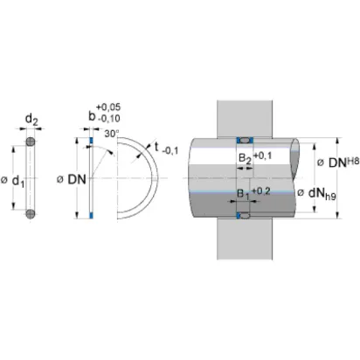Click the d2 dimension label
pyautogui.click(x=31, y=120)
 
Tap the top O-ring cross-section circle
pyautogui.click(x=31, y=142)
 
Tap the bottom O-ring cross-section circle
pyautogui.click(x=31, y=214)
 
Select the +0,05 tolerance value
pyautogui.click(x=108, y=107)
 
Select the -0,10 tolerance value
pyautogui.click(x=109, y=118)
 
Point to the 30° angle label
pyautogui.click(x=112, y=134)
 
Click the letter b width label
pyautogui.click(x=92, y=116)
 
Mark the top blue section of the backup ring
pyautogui.click(x=91, y=140)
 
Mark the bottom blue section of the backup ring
pyautogui.click(x=91, y=215)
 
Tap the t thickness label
pyautogui.click(x=156, y=147)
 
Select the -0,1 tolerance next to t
pyautogui.click(x=170, y=151)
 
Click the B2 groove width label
pyautogui.click(x=245, y=159)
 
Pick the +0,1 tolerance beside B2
pyautogui.click(x=262, y=156)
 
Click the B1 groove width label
pyautogui.click(x=244, y=194)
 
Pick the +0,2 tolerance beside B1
pyautogui.click(x=261, y=191)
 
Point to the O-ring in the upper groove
pyautogui.click(x=245, y=141)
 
